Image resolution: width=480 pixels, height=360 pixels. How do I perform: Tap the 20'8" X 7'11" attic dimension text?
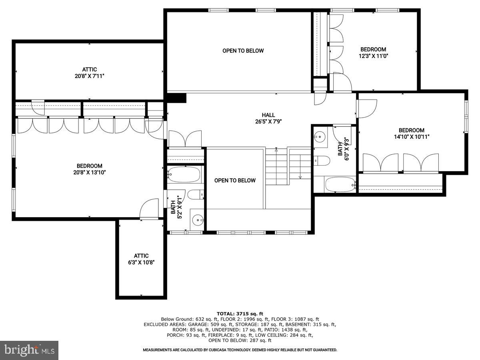90,76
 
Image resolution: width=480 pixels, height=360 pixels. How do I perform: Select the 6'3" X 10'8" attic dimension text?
141,262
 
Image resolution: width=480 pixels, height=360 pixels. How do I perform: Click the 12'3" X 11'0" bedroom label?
373,56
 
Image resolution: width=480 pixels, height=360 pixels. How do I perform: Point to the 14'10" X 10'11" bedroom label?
411,137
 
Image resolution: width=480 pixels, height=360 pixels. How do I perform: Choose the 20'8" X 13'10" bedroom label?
90,172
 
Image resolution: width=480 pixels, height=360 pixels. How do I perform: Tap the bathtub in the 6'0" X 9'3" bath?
340,185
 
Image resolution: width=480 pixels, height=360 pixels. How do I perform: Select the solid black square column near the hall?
176,98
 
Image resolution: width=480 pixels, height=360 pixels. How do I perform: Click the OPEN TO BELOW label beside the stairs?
235,180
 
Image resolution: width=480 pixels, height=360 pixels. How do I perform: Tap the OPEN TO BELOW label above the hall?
243,51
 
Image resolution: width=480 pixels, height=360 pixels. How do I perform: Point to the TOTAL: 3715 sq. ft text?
240,314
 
